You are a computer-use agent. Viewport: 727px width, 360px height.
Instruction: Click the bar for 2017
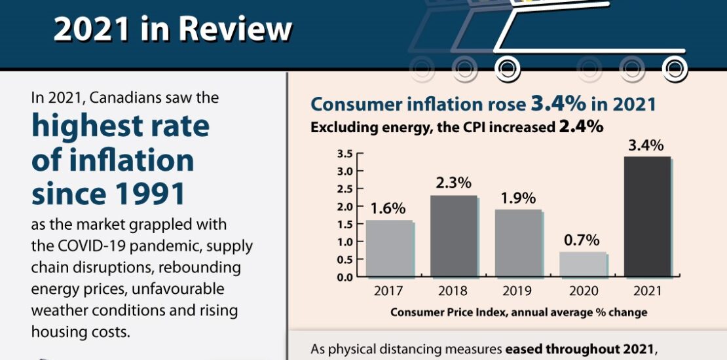[388, 248]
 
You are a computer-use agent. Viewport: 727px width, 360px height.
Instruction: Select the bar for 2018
[453, 236]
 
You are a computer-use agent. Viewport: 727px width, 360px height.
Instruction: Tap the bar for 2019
[517, 243]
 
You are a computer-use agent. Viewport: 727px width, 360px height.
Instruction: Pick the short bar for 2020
[582, 264]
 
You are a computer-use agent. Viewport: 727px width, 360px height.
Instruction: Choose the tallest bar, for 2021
[647, 216]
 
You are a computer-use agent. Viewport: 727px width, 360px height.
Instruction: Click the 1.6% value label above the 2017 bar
[388, 209]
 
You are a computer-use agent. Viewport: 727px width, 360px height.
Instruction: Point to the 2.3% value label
[453, 184]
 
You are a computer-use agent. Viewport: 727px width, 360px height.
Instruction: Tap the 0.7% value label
[582, 240]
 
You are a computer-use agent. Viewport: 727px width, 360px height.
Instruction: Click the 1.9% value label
[517, 198]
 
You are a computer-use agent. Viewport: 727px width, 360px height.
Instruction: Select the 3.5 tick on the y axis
[345, 154]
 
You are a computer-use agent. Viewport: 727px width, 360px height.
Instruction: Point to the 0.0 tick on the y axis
[345, 276]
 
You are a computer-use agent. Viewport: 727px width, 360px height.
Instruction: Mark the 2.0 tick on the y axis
[345, 206]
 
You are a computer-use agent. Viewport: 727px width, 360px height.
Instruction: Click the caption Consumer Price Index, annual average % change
[518, 312]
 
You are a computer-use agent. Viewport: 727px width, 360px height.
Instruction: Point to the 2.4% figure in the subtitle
[580, 126]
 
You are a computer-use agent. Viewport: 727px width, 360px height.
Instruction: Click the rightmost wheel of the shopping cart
[674, 67]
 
